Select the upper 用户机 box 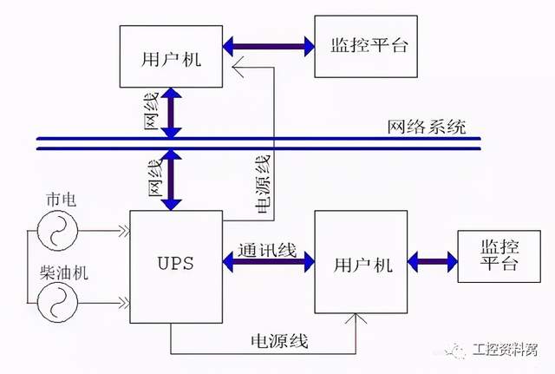click(x=173, y=57)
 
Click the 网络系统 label click(x=426, y=127)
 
